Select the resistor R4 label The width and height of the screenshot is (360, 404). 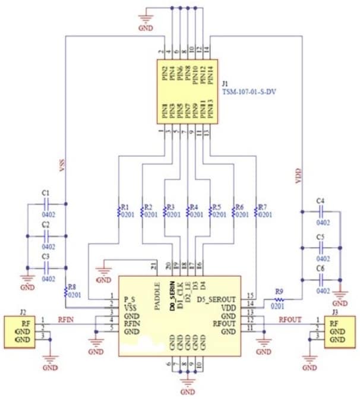coord(193,207)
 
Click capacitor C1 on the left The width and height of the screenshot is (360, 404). coord(46,205)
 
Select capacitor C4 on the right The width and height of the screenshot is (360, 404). coord(322,211)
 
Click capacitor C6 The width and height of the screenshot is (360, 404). coord(322,277)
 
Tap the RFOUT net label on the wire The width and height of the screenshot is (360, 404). coord(290,319)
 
